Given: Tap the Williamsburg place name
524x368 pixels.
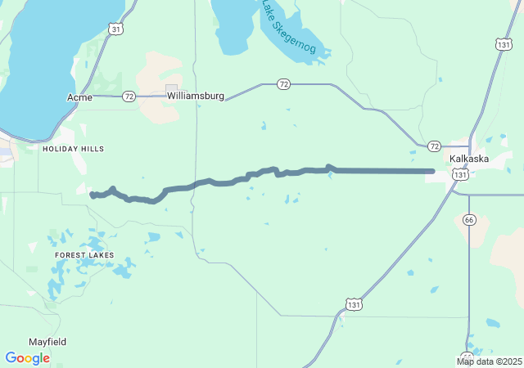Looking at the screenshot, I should (x=196, y=96).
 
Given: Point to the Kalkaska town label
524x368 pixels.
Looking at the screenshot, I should (x=469, y=159).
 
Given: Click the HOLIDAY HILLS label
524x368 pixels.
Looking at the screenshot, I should (x=74, y=149).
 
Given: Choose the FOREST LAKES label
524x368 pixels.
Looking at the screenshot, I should (x=84, y=255).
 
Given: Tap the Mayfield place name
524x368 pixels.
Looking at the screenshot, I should (x=47, y=342).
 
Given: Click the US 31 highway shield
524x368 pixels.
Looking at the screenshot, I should (x=116, y=29).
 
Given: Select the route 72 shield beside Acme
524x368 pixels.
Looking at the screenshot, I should (x=129, y=96).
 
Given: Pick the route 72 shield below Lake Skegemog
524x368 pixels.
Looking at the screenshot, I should (x=283, y=83).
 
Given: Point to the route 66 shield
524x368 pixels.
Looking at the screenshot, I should (x=468, y=219).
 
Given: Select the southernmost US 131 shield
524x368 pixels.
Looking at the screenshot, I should (x=352, y=303).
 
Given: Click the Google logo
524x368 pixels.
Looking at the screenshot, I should (x=27, y=358).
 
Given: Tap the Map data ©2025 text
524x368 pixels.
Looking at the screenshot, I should (x=489, y=361).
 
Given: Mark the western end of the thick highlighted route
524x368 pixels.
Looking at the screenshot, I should (x=92, y=195).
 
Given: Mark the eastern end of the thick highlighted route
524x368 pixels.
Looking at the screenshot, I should (x=432, y=171).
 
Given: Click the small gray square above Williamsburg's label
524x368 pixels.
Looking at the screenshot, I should (x=171, y=88).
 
